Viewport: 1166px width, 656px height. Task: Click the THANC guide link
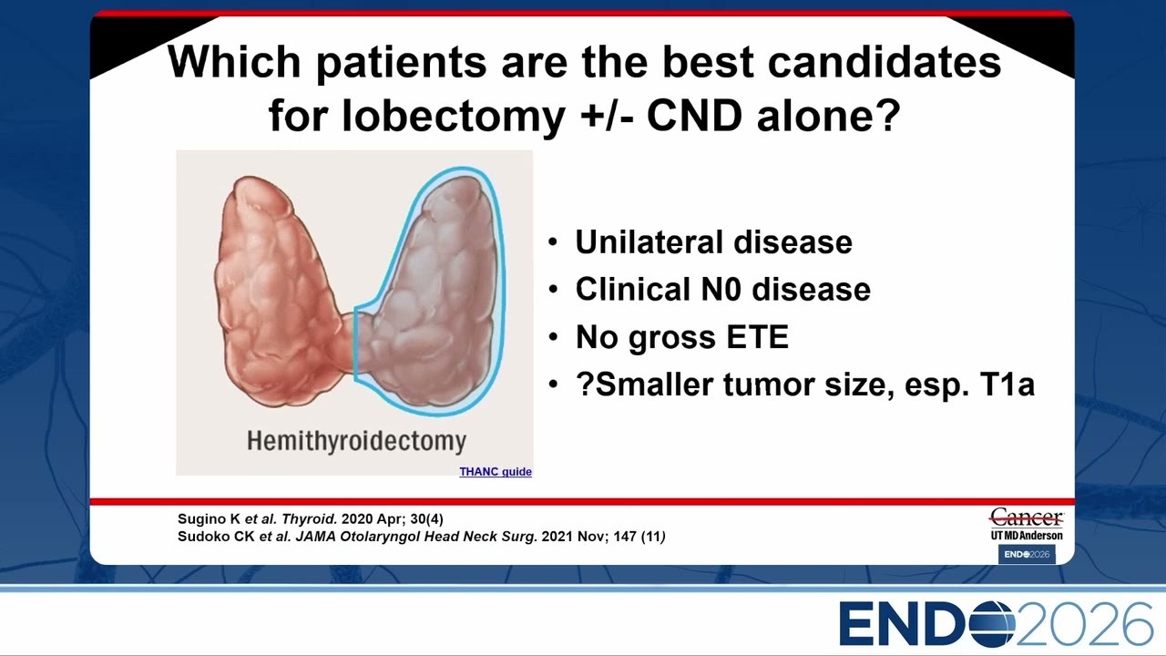tap(495, 472)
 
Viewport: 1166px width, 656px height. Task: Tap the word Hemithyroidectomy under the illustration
tap(356, 441)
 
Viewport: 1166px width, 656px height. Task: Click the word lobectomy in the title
tap(454, 116)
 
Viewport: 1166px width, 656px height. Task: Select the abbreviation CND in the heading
tap(694, 115)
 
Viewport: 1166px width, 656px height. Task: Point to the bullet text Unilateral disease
tap(713, 242)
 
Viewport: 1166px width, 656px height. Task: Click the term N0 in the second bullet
tap(721, 289)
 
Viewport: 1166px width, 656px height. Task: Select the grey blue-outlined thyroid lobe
tap(432, 292)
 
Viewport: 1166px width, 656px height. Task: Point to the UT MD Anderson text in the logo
tap(1027, 535)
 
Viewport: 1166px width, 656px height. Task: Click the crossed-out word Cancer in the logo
tap(1027, 518)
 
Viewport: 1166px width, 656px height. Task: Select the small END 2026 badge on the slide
tap(1027, 555)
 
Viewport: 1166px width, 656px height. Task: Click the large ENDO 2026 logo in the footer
tap(996, 624)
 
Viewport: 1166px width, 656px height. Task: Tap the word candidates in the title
tap(885, 63)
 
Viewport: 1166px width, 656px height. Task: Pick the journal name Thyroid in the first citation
tap(309, 519)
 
